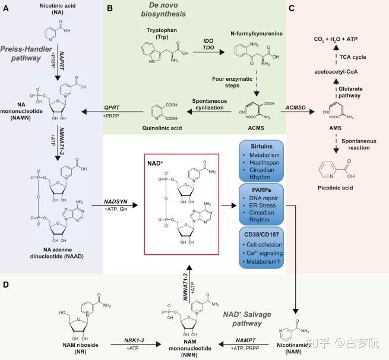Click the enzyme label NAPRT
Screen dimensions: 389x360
point(62,61)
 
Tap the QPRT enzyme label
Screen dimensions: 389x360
point(112,108)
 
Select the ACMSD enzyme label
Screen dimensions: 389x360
point(296,108)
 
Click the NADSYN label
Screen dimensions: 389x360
point(116,202)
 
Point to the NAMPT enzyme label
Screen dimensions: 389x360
point(246,340)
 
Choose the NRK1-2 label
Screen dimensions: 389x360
point(134,340)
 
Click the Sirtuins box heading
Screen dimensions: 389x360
point(261,146)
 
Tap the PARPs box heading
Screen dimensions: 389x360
point(261,190)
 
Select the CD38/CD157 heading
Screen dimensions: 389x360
point(261,235)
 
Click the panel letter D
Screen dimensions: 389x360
point(6,285)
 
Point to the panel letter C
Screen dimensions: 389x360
point(292,8)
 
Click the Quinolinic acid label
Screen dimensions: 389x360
point(162,128)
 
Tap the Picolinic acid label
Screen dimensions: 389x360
point(336,188)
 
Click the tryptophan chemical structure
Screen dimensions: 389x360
point(165,53)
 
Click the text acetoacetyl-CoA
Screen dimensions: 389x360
point(336,72)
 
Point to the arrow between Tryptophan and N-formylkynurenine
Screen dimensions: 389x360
point(208,52)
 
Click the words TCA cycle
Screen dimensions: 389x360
point(353,57)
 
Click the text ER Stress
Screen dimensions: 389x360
point(263,206)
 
